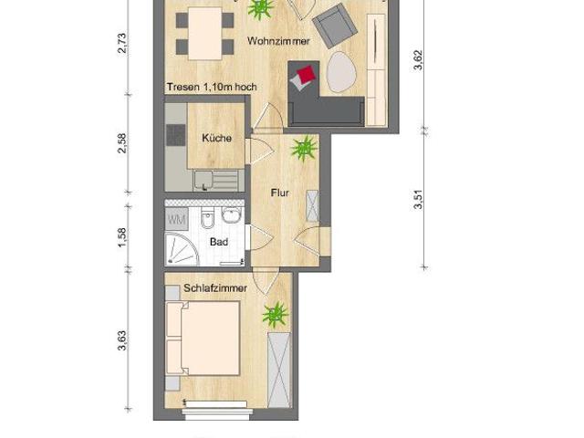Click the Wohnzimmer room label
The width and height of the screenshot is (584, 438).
click(x=285, y=41)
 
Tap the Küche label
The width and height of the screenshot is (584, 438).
click(x=215, y=138)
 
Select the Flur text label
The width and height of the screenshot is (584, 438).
click(x=280, y=193)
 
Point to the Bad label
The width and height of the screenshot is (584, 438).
click(x=219, y=243)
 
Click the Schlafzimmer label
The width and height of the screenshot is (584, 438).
click(x=215, y=287)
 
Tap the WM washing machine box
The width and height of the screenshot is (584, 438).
click(x=176, y=219)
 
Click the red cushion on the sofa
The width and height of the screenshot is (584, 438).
click(x=305, y=74)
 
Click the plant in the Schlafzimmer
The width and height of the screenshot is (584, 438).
click(x=274, y=315)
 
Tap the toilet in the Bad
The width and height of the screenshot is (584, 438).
click(x=208, y=220)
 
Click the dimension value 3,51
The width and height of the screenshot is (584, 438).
click(x=418, y=199)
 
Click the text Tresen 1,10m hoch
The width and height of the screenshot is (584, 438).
click(x=211, y=88)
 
